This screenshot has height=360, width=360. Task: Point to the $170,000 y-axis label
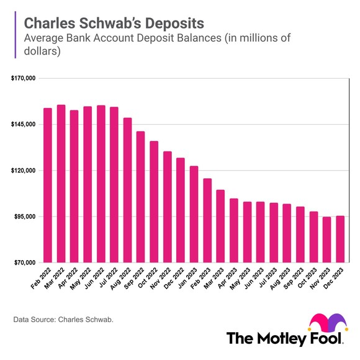point(23,79)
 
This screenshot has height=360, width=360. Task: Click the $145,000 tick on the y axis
point(23,125)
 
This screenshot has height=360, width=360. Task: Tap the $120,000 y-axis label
point(23,171)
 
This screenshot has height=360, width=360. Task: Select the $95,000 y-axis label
point(24,217)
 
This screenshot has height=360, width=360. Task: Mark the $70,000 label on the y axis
point(24,263)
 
